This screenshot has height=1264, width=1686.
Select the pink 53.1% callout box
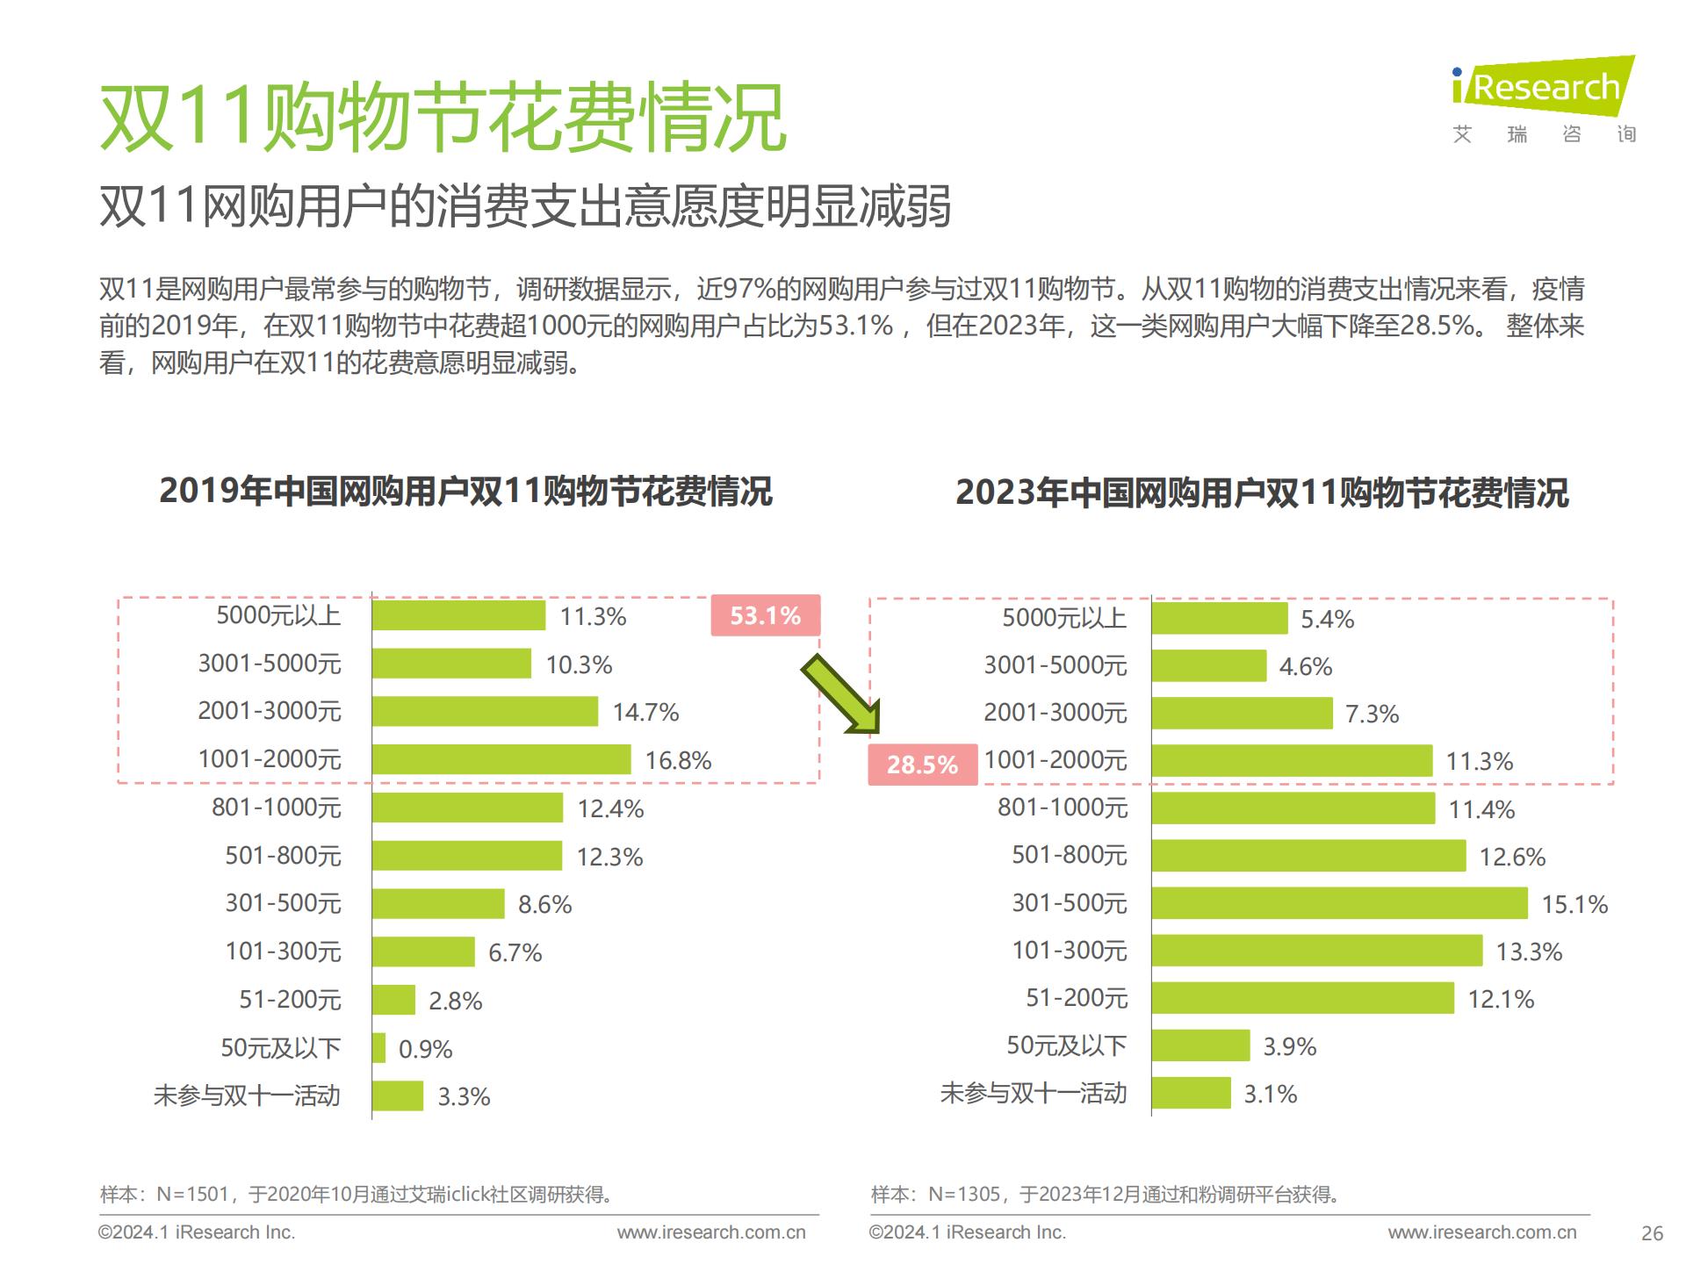click(765, 615)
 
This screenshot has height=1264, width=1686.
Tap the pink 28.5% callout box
click(922, 764)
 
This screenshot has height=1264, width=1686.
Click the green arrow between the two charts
click(839, 693)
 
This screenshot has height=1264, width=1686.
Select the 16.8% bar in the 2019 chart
click(501, 759)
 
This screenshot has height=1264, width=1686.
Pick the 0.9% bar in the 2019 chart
click(378, 1048)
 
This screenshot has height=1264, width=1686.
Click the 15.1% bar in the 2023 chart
click(1339, 903)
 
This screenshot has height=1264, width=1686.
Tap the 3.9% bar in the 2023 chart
click(1200, 1045)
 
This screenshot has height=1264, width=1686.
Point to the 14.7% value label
click(645, 712)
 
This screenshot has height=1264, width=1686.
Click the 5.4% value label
click(1327, 619)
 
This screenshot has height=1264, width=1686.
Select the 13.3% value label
click(1529, 952)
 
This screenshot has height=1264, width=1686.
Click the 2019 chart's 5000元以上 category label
click(278, 615)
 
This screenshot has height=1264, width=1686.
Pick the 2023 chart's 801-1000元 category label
click(1063, 808)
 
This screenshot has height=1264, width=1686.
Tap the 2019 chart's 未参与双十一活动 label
click(247, 1095)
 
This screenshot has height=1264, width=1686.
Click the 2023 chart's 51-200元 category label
click(1077, 998)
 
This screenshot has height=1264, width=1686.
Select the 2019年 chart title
click(465, 491)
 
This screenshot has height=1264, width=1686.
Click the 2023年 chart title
click(1262, 492)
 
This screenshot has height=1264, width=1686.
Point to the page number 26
click(1652, 1233)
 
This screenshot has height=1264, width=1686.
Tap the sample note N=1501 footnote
click(357, 1194)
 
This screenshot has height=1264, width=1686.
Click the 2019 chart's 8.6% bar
click(437, 903)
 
